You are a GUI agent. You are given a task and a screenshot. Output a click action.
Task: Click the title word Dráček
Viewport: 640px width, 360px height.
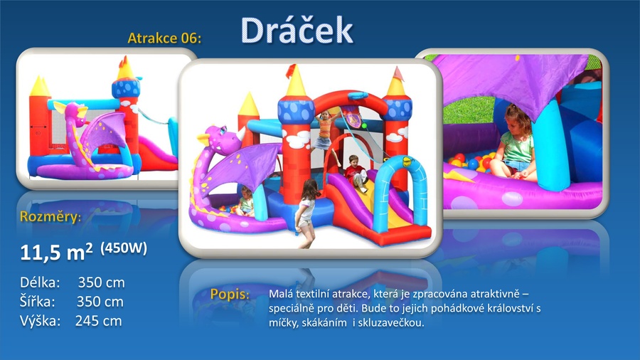tap(297, 30)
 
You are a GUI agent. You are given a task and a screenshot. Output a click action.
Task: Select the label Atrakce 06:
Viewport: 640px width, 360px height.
tap(164, 38)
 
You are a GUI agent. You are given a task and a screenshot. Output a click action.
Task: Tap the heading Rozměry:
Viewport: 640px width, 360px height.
tap(50, 216)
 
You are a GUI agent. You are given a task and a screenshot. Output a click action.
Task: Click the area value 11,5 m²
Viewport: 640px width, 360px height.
tap(56, 252)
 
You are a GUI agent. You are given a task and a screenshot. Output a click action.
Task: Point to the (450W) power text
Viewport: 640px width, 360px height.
tap(124, 248)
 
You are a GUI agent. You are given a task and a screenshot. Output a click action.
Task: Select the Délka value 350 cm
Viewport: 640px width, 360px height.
tap(101, 282)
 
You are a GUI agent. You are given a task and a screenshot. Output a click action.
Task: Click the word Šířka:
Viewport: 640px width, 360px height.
tap(37, 301)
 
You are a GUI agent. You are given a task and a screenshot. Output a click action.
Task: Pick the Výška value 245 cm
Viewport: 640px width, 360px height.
tap(98, 321)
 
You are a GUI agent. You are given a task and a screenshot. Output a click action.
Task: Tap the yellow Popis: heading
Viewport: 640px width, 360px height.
tap(230, 295)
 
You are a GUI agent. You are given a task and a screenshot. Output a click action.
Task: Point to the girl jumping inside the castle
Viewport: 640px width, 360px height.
tap(324, 134)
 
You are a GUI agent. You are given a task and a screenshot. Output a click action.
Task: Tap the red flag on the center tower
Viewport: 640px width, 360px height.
tap(291, 70)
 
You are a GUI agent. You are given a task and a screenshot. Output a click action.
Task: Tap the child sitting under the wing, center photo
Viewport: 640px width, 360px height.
tap(246, 201)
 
